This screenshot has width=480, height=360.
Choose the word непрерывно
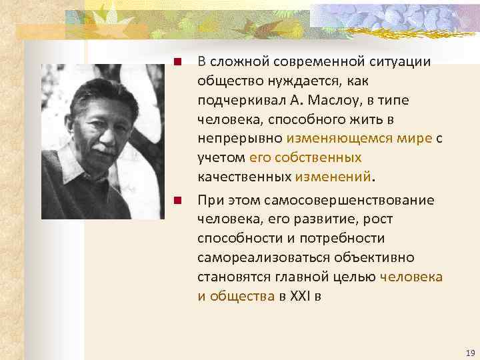click(240, 139)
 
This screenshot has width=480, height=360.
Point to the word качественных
click(243, 177)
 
